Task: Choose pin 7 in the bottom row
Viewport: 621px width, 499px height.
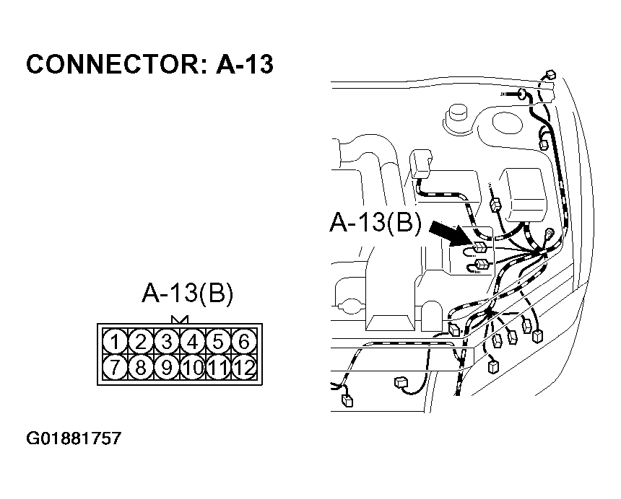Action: (113, 368)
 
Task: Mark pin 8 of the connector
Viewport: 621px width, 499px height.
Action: (141, 368)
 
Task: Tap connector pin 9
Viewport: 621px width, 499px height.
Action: (167, 368)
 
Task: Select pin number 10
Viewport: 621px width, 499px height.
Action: (193, 368)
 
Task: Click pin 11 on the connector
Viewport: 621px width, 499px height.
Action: (219, 368)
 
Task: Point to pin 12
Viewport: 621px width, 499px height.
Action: (245, 368)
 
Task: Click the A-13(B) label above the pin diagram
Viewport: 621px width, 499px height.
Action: (187, 294)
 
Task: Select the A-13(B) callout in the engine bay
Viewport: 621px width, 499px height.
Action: (375, 223)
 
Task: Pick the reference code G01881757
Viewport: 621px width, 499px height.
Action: (74, 438)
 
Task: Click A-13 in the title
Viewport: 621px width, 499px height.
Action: (245, 65)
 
